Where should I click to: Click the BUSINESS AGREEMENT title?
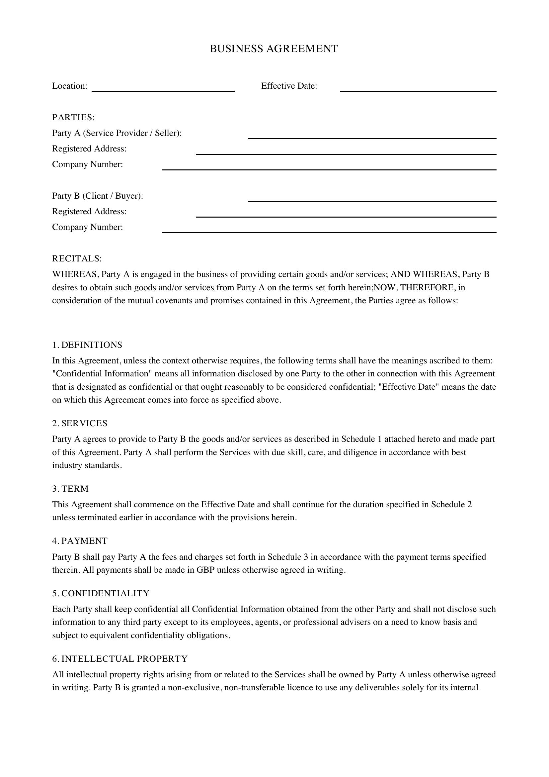274,49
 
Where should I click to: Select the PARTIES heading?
73,117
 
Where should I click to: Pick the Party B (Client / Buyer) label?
97,196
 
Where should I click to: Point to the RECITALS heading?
77,258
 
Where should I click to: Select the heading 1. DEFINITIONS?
87,345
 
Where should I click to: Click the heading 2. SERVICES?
79,423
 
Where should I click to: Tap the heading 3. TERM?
70,489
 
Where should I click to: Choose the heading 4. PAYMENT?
80,541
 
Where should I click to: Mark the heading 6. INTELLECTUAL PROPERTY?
120,658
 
